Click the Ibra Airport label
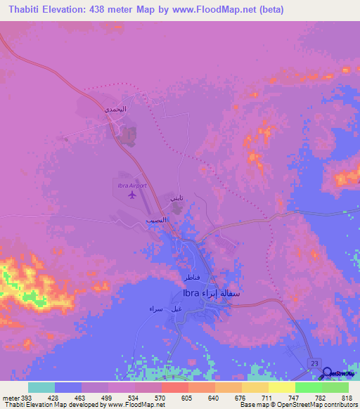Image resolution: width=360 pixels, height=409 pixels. coord(131,185)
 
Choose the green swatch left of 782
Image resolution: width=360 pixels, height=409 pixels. coord(308,388)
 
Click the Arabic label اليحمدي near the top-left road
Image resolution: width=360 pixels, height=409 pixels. coord(115,110)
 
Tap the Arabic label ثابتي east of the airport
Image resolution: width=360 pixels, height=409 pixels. coord(176,200)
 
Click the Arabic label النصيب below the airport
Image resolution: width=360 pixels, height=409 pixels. coord(156,220)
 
